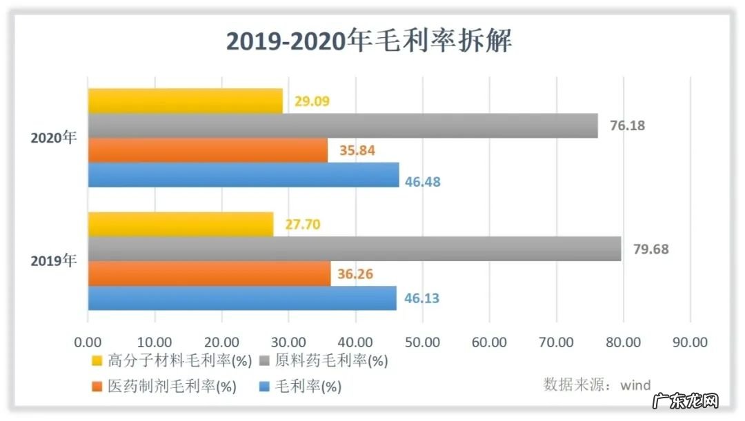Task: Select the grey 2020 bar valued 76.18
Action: pyautogui.click(x=342, y=125)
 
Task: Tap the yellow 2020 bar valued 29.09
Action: pyautogui.click(x=185, y=101)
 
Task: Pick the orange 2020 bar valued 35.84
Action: pyautogui.click(x=208, y=150)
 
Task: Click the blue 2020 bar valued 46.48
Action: pyautogui.click(x=244, y=175)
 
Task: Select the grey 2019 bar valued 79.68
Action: pyautogui.click(x=354, y=249)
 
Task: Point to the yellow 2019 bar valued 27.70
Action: pyautogui.click(x=180, y=224)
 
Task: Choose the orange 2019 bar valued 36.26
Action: pyautogui.click(x=209, y=274)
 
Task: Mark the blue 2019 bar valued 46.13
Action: pyautogui.click(x=242, y=298)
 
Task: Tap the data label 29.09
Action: pyautogui.click(x=312, y=101)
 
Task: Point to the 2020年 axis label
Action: pyautogui.click(x=54, y=137)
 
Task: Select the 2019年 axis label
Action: pyautogui.click(x=54, y=261)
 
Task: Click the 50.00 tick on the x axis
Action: pyautogui.click(x=422, y=342)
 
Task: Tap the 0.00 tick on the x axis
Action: pyautogui.click(x=88, y=342)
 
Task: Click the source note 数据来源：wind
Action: pyautogui.click(x=597, y=384)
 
